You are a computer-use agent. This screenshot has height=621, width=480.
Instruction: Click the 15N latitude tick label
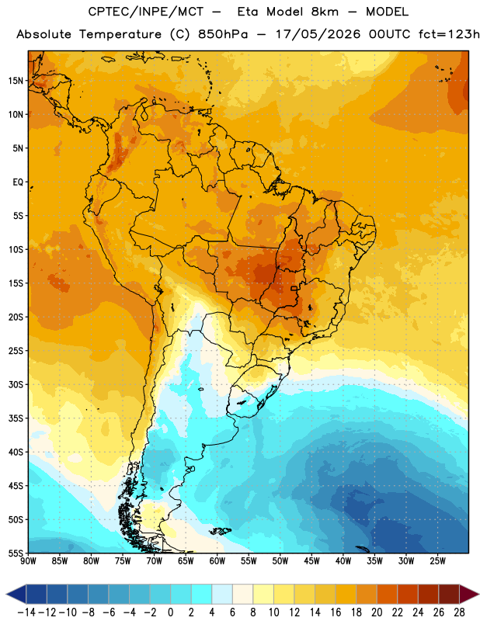point(16,81)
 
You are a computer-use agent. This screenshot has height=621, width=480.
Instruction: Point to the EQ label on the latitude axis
point(18,182)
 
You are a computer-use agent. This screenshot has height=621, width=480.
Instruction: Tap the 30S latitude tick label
point(16,384)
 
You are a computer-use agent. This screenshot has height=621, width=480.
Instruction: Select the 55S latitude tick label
point(16,553)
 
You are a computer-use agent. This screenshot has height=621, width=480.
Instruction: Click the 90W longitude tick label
point(28,561)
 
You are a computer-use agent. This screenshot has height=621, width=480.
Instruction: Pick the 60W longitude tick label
point(217,561)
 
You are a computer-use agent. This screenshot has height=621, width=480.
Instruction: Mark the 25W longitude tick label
point(437,561)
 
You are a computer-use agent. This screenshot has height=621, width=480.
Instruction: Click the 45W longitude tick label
point(311,561)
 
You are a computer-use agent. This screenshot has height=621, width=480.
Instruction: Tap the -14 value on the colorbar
point(26,612)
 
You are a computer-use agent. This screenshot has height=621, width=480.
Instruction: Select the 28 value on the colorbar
point(459,612)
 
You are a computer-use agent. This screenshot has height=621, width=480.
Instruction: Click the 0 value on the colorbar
point(170,612)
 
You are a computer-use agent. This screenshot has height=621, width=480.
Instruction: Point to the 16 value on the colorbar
point(336,612)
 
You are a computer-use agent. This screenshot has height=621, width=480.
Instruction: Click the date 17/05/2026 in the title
point(318,34)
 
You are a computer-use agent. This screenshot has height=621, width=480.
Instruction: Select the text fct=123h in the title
point(449,34)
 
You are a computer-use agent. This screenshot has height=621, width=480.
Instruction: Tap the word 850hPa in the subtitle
point(223,34)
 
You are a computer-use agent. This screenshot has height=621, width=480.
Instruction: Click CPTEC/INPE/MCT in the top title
point(145,12)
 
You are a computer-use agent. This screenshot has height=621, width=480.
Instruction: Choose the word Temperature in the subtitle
point(120,34)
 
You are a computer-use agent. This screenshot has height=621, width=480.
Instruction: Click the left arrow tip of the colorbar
point(6,595)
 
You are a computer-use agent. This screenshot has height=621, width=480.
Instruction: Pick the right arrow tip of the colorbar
point(478,595)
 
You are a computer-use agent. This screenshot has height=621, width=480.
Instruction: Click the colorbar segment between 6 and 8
point(242,595)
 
